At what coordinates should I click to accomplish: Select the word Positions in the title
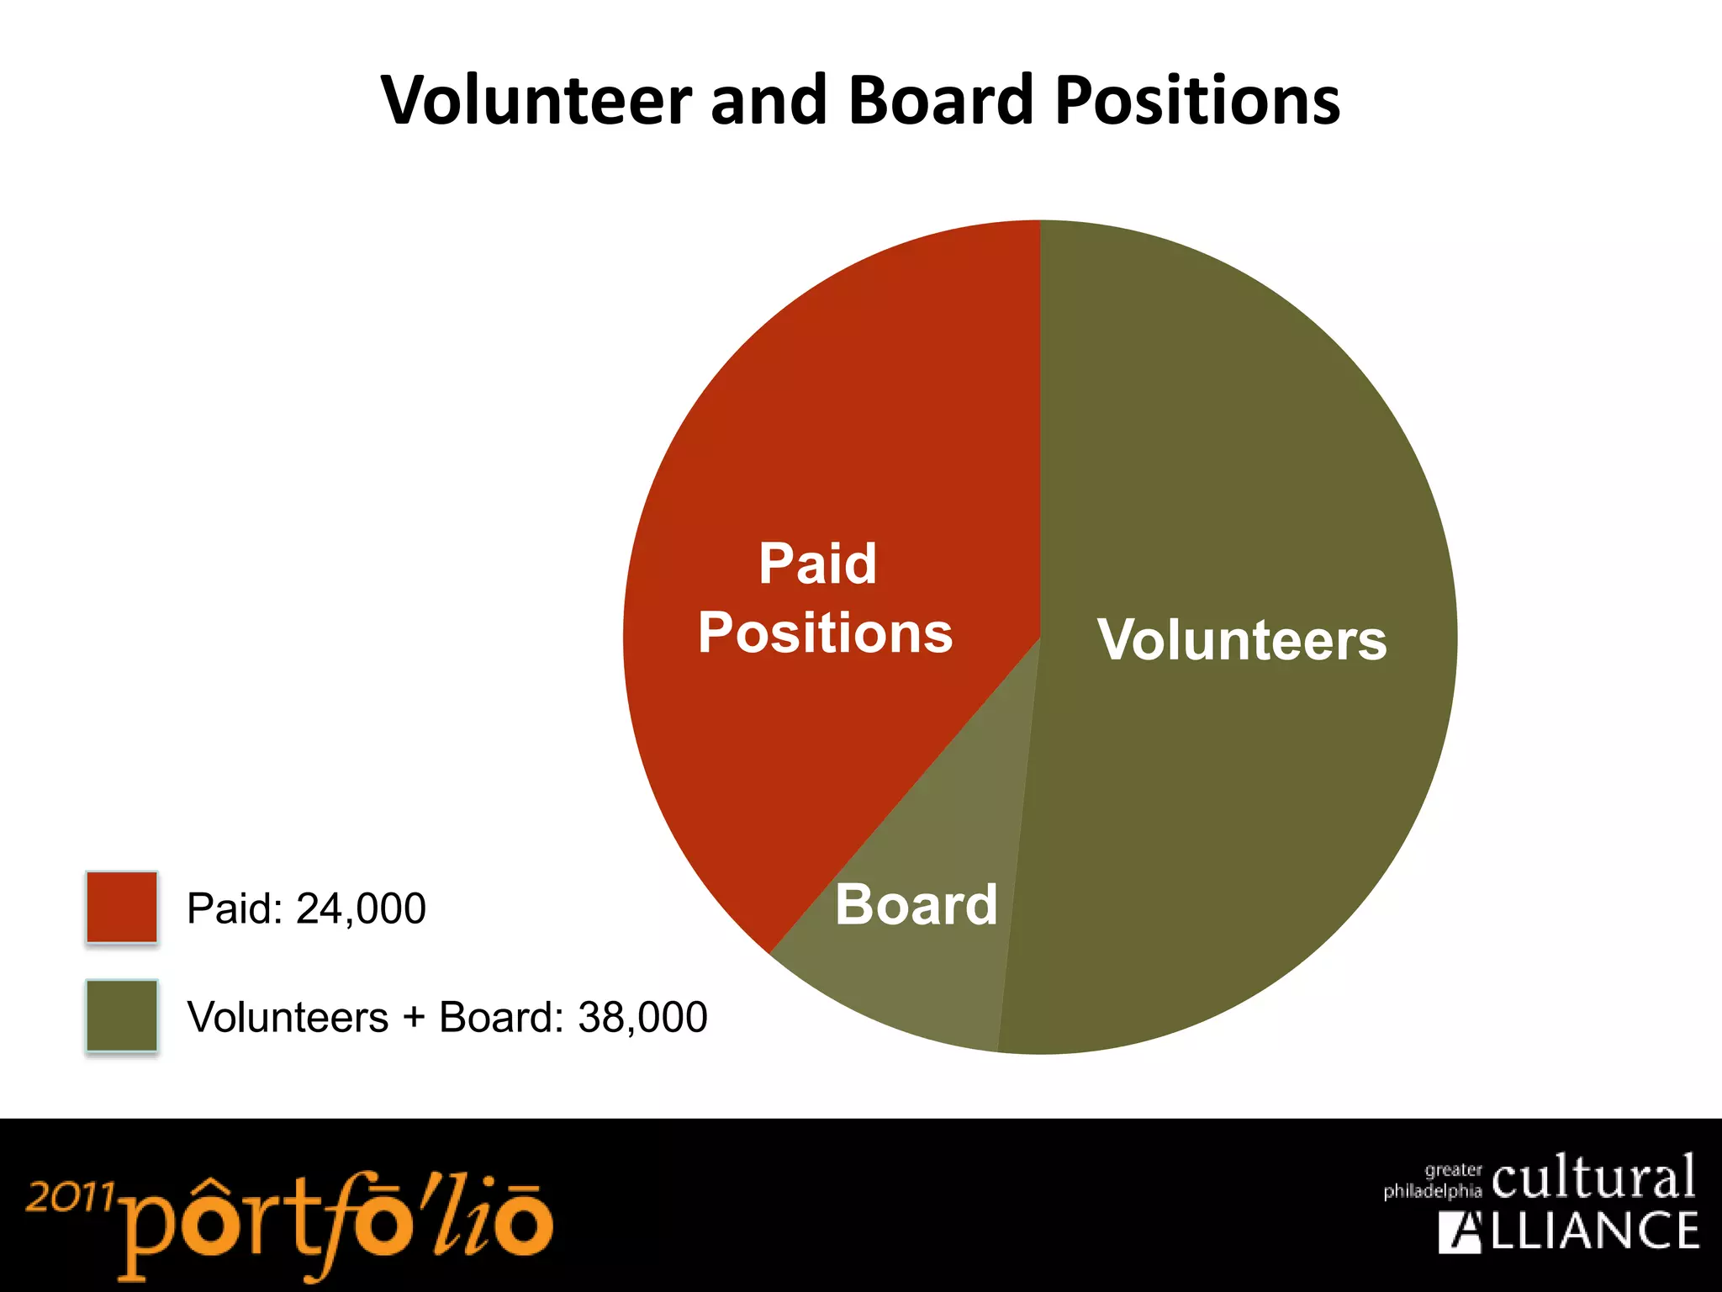pos(1197,101)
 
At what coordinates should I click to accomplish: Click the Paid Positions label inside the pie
pos(824,597)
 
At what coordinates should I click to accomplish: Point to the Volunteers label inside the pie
pos(1242,640)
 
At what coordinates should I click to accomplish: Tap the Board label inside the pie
pos(916,905)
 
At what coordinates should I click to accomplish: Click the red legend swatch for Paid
pos(122,908)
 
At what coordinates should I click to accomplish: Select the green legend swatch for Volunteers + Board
pos(122,1015)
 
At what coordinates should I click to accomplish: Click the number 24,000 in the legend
pos(361,909)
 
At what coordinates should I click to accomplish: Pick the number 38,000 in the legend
pos(642,1018)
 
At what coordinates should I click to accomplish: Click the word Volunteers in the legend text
pos(288,1018)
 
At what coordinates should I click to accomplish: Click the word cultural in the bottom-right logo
pos(1593,1178)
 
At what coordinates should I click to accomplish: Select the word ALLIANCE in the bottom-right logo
pos(1568,1231)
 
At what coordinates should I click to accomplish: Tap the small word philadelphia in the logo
pos(1432,1191)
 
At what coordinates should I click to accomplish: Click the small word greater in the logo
pos(1453,1170)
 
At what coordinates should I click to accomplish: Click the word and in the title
pos(769,101)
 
